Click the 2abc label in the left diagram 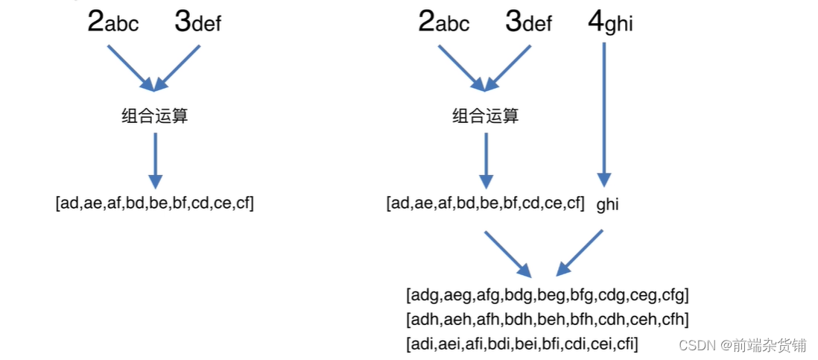coord(113,22)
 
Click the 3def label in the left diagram coord(198,22)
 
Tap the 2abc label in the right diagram coord(444,22)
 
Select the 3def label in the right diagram coord(529,22)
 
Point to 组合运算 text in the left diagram coord(155,116)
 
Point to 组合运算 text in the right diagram coord(486,116)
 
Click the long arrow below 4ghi coord(604,112)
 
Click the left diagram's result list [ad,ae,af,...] coord(155,203)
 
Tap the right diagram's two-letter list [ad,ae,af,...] coord(486,203)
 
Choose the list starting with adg coord(548,295)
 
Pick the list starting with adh coord(548,320)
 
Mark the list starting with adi coord(522,344)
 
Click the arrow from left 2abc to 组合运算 coord(130,68)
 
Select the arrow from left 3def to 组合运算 coord(179,68)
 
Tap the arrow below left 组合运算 coord(155,160)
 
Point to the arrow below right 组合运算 coord(486,160)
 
